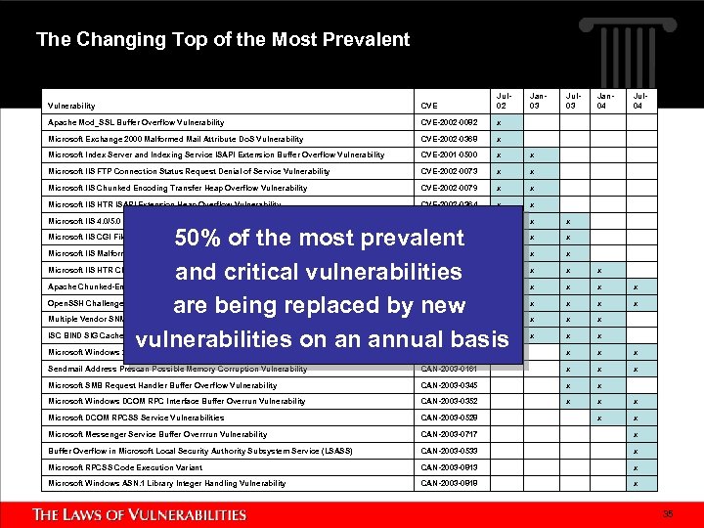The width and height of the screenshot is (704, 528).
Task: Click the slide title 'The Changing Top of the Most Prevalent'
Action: [223, 40]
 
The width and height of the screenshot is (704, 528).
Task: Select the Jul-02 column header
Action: [502, 101]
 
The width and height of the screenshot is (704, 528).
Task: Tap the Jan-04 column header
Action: [604, 101]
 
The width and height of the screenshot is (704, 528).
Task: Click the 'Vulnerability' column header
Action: [71, 106]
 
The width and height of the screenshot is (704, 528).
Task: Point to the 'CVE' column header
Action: [429, 106]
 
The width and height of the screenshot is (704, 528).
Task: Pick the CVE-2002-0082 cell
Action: [450, 123]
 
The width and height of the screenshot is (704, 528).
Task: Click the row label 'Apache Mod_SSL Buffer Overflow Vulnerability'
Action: [136, 123]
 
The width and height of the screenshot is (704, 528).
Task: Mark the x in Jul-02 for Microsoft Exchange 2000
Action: [498, 140]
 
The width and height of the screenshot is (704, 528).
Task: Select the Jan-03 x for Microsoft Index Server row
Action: [532, 155]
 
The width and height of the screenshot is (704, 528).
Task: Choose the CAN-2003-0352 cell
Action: [450, 402]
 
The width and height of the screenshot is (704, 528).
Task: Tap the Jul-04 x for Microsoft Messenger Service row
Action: [636, 435]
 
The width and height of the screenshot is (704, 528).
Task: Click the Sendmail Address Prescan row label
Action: [177, 369]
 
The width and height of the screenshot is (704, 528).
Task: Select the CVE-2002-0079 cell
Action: [450, 189]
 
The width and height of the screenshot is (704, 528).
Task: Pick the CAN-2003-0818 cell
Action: [450, 484]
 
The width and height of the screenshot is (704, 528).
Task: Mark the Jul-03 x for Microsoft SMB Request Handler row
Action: [567, 386]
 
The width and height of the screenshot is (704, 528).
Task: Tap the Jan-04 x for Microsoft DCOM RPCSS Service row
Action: [600, 418]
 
